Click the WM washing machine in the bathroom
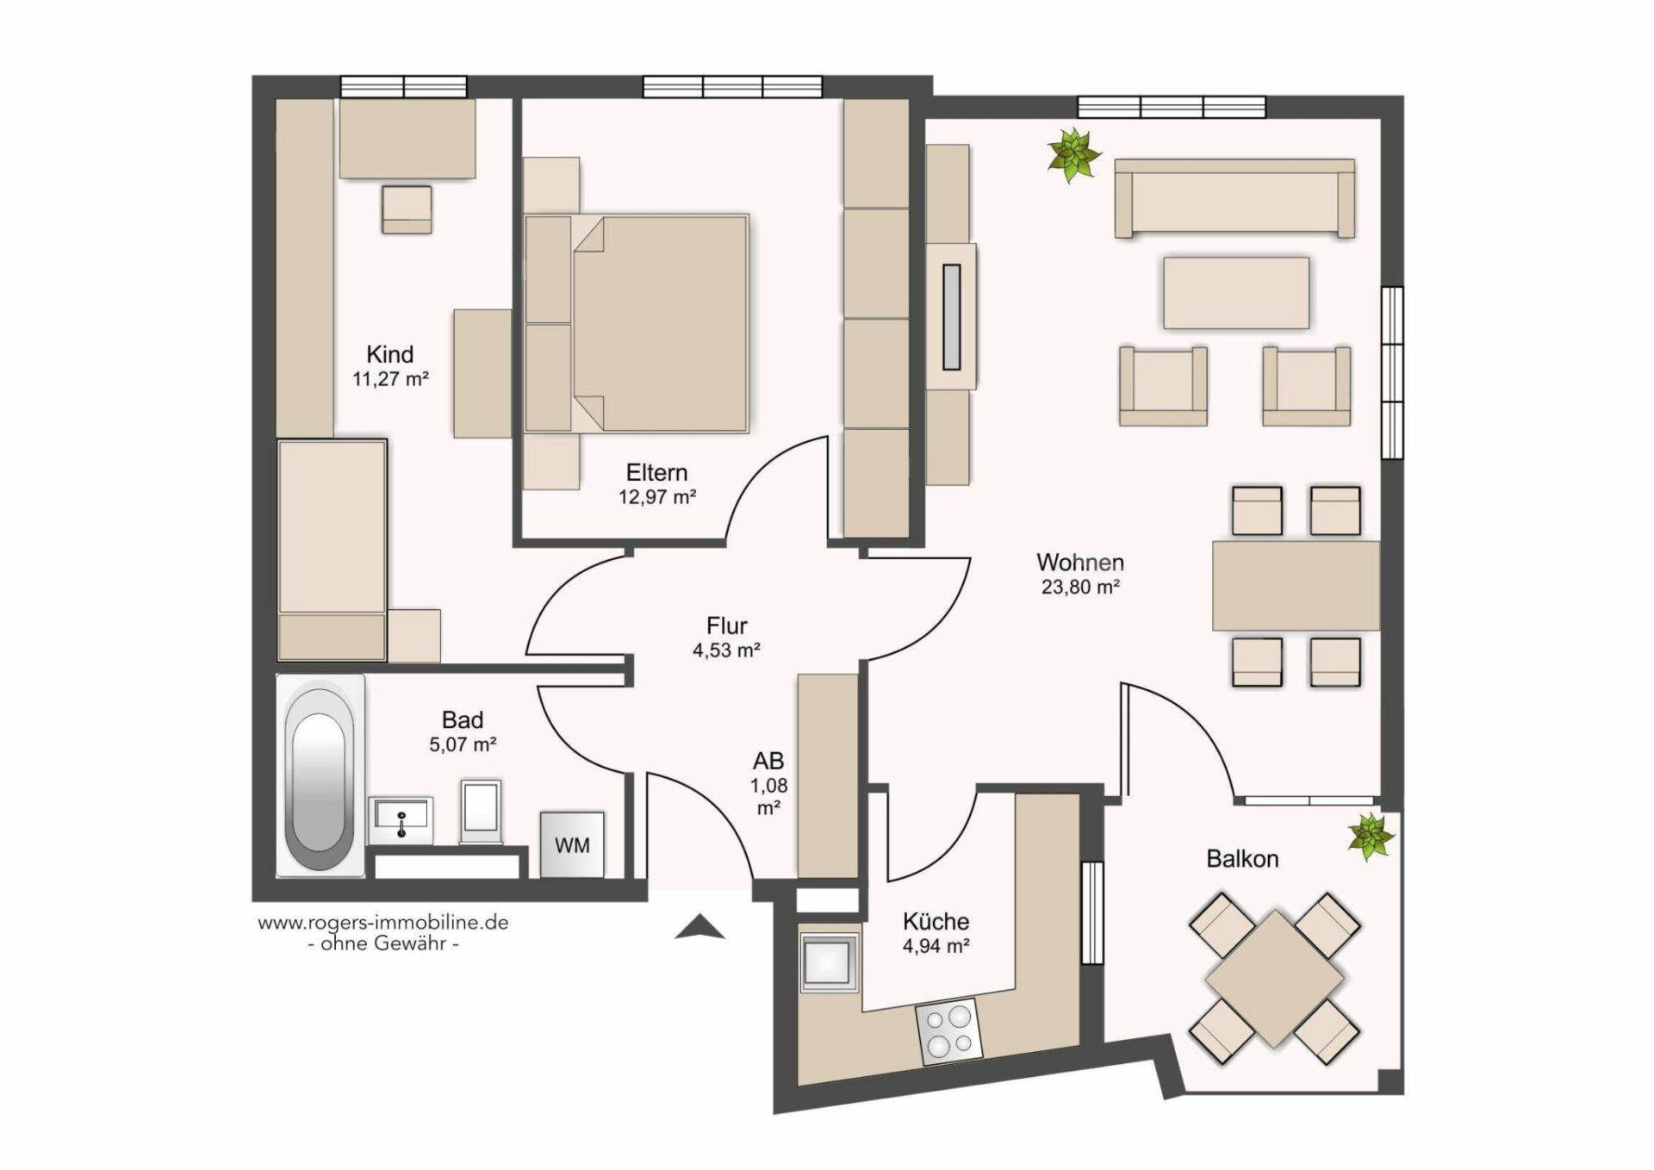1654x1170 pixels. pos(572,844)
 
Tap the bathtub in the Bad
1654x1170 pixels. pos(320,775)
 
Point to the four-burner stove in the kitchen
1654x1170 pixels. pos(948,1031)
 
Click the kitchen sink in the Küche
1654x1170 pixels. pos(829,962)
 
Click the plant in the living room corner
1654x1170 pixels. pos(1073,156)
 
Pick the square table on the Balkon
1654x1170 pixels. pos(1274,978)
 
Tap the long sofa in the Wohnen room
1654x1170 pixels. pos(1234,198)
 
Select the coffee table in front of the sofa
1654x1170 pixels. pos(1236,293)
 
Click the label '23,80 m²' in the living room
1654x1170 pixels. pos(1080,588)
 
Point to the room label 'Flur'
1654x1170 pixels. pos(726,625)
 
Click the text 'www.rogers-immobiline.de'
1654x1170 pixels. pos(383,923)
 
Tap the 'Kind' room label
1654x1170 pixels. pos(390,354)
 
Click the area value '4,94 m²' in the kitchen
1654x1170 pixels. pos(936,945)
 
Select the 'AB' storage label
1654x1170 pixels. pos(768,761)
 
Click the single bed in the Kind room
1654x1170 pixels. pos(332,551)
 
